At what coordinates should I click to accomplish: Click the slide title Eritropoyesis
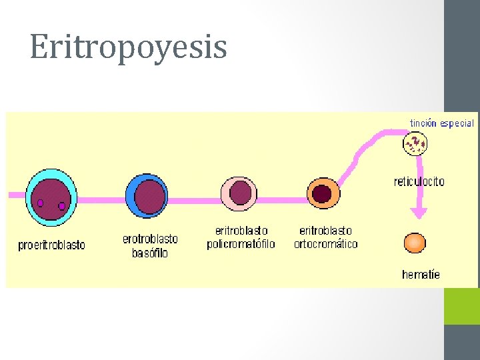(x=128, y=47)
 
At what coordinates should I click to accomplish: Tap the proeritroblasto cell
(x=50, y=198)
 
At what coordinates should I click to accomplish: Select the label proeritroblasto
(x=51, y=245)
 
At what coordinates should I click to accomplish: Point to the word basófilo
(x=150, y=253)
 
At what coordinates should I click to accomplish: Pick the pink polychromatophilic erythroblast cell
(x=239, y=193)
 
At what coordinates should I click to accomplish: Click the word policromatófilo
(x=241, y=244)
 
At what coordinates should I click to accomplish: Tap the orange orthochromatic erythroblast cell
(x=323, y=193)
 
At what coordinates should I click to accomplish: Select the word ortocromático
(x=326, y=244)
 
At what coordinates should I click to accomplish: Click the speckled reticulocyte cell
(x=415, y=143)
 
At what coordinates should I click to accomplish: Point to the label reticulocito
(x=419, y=181)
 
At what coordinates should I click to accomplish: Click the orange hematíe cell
(x=415, y=243)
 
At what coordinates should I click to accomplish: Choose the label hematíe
(x=421, y=275)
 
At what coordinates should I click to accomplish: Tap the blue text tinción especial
(x=442, y=123)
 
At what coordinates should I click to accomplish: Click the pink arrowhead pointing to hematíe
(x=419, y=213)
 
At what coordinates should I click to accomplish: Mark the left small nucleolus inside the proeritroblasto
(x=40, y=203)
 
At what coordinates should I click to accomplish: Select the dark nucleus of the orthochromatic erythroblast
(x=323, y=193)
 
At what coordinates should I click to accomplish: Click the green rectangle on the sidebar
(x=462, y=306)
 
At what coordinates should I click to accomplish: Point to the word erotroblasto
(x=150, y=238)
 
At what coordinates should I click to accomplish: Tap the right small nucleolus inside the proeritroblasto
(x=62, y=206)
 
